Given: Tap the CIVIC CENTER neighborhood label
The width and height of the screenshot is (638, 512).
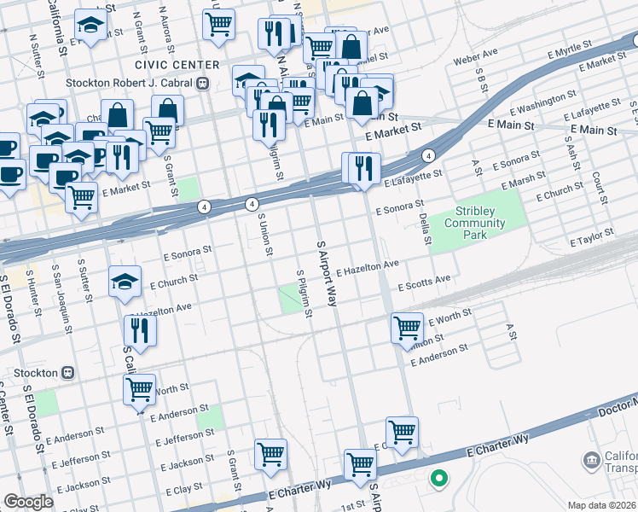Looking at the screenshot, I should [x=170, y=65].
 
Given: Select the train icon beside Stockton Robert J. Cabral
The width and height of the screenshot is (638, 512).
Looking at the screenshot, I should [x=203, y=84].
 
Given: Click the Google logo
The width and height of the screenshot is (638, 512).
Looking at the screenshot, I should [x=28, y=502].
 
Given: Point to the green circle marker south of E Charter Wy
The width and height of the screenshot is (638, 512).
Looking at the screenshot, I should [x=438, y=479].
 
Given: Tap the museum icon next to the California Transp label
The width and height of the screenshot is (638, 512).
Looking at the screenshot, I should [x=591, y=462].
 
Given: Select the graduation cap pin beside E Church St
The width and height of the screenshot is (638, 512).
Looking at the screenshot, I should [x=125, y=281].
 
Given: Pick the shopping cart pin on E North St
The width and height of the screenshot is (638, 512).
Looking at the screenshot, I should [x=139, y=388].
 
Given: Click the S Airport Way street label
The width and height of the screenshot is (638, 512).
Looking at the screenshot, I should [x=327, y=272].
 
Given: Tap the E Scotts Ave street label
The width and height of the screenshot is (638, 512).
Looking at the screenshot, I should [x=423, y=282].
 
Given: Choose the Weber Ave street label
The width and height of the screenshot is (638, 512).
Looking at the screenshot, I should [x=476, y=57].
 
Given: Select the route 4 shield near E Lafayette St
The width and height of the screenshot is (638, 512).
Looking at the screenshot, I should [x=428, y=156].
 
